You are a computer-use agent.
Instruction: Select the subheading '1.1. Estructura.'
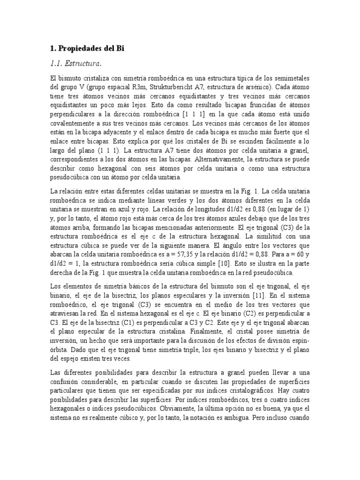tap(75, 63)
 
